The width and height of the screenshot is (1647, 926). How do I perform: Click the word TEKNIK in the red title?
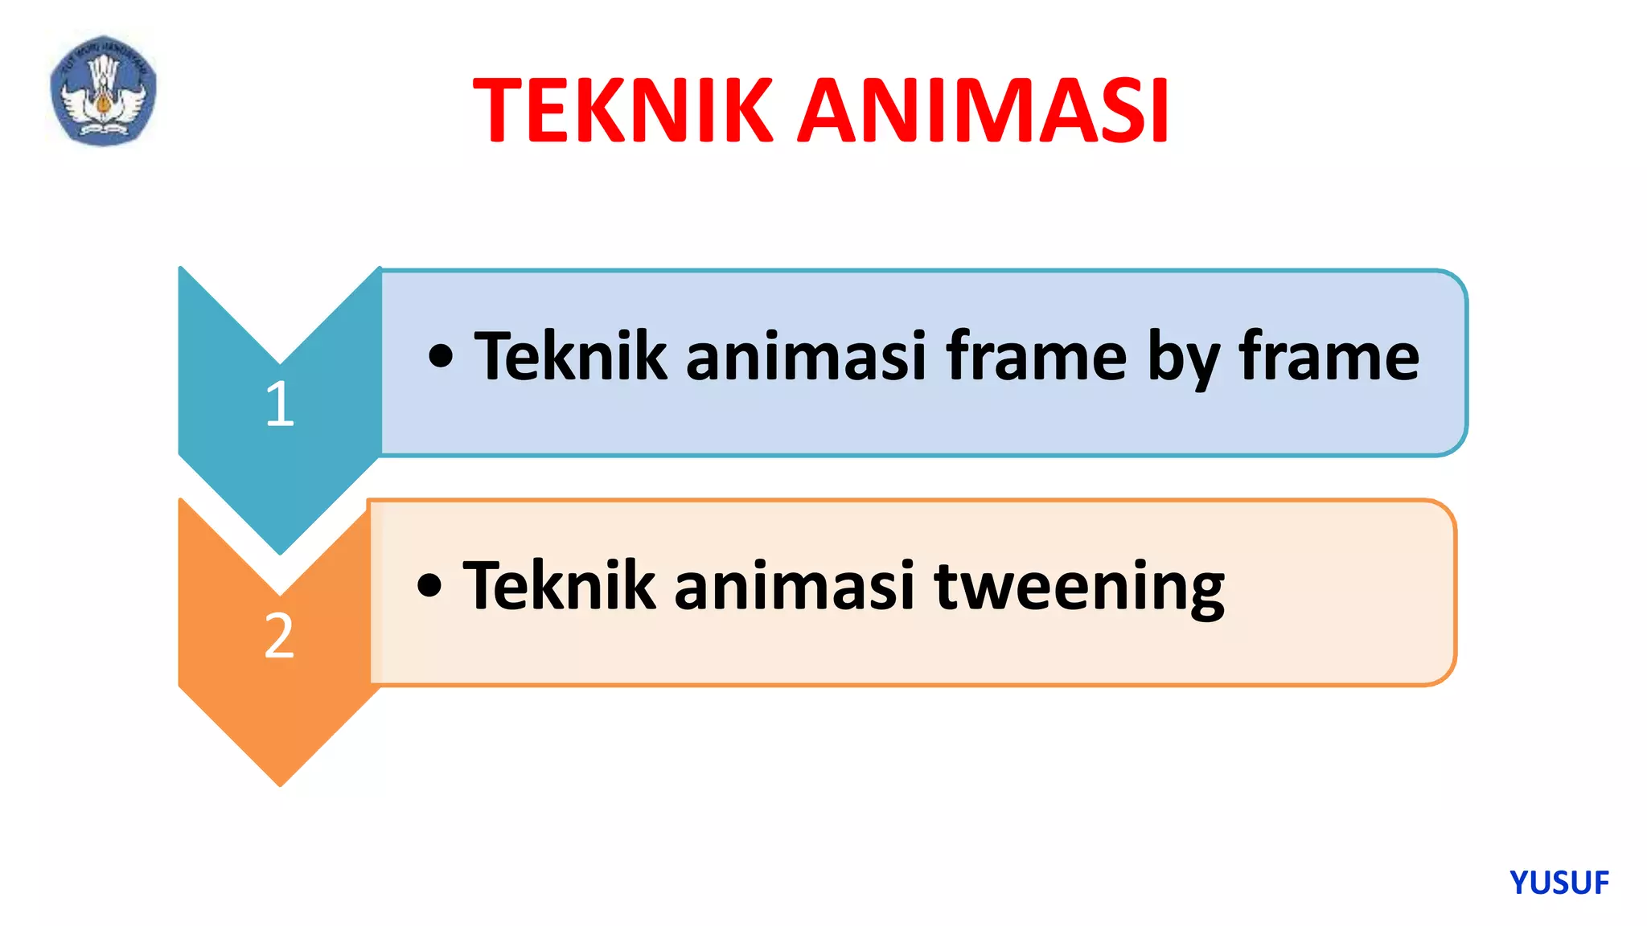pos(622,111)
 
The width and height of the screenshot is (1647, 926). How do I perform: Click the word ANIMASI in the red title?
pos(983,111)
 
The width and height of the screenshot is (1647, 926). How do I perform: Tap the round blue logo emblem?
pos(103,90)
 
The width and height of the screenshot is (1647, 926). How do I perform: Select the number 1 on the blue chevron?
pos(280,403)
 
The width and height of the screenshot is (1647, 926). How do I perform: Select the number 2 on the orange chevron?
pos(279,635)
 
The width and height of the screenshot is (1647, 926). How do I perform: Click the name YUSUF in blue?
pos(1559,883)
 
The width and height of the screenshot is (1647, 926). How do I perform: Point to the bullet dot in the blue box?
pos(441,355)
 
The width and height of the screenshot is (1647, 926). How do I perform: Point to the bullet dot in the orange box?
pos(429,585)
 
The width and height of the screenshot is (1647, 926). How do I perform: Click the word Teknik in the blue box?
pos(570,356)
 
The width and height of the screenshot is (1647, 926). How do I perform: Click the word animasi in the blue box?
pos(806,356)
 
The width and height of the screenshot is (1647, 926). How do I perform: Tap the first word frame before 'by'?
pos(1036,356)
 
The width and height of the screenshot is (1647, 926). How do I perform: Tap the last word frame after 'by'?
pos(1329,356)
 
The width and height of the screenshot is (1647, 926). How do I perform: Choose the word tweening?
pos(1079,587)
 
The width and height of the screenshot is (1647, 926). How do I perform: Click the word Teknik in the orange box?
pos(559,586)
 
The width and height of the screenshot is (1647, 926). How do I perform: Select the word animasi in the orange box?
pos(795,586)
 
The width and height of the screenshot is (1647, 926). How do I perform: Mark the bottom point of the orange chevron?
pos(280,784)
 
